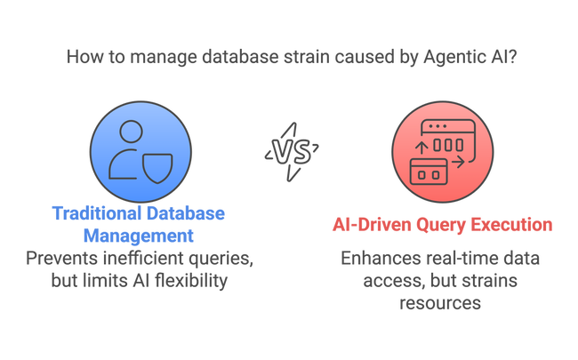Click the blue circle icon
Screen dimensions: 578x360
(140, 152)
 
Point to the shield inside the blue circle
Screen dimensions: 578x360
(157, 168)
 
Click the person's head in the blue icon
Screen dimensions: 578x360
(132, 132)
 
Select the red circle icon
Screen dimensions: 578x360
(442, 152)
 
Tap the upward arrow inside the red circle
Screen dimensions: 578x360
(421, 148)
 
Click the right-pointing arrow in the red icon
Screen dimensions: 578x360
(458, 163)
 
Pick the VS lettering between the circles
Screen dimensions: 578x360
(292, 152)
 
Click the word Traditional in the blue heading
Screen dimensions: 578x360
(97, 213)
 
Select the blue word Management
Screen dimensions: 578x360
(139, 236)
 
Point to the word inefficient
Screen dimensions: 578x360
(143, 258)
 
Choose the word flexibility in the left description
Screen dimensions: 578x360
(191, 281)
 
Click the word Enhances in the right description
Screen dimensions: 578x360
(381, 259)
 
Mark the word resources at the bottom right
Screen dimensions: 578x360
(440, 303)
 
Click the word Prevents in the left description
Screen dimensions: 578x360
(62, 259)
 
